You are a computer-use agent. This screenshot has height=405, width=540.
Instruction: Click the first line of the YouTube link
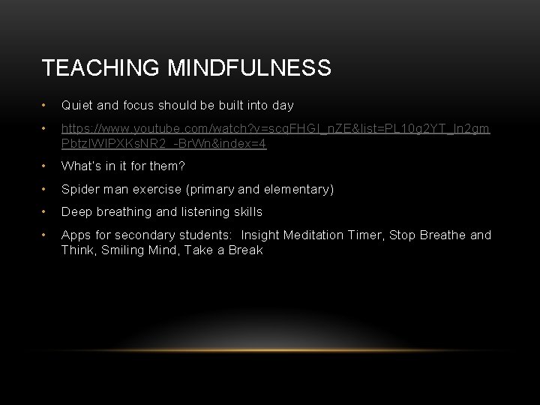pyautogui.click(x=276, y=129)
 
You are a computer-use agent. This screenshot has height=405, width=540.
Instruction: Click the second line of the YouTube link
pyautogui.click(x=163, y=144)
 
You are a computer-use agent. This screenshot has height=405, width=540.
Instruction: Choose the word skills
pyautogui.click(x=246, y=212)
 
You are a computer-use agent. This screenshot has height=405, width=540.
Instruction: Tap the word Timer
pyautogui.click(x=364, y=235)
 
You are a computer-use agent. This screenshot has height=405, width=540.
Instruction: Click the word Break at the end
pyautogui.click(x=244, y=250)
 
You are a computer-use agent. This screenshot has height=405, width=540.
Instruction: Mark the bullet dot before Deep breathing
pyautogui.click(x=46, y=212)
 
